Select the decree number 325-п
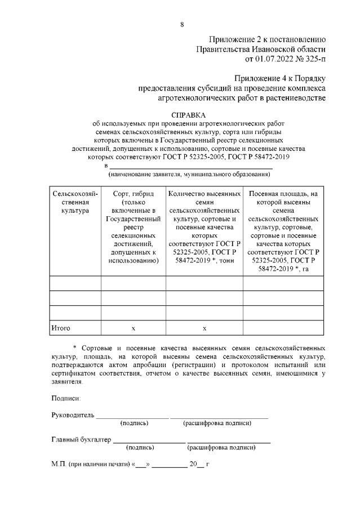[x=313, y=57]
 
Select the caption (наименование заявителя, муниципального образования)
[x=189, y=174]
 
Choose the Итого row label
[x=61, y=327]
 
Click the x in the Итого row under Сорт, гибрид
[x=133, y=328]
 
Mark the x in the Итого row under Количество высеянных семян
[x=205, y=328]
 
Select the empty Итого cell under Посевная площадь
[x=283, y=327]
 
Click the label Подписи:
[x=66, y=398]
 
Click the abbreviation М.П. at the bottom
[x=59, y=465]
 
